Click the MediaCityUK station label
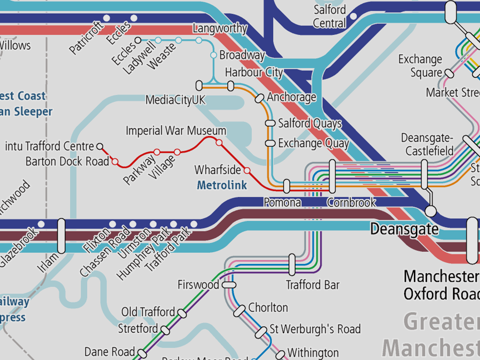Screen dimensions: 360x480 [x=175, y=100]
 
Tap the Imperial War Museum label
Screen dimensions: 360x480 [x=176, y=131]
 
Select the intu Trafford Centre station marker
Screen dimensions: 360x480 [x=99, y=146]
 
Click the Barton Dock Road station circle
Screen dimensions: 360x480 [x=114, y=162]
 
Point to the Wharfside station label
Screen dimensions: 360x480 [x=217, y=170]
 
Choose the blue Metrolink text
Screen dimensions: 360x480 [x=222, y=185]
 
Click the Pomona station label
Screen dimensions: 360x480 [x=282, y=202]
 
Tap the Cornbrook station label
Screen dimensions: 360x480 [x=352, y=202]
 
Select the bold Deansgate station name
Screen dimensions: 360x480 [x=404, y=229]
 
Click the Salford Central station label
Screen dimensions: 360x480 [x=330, y=16]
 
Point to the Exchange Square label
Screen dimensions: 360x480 [x=420, y=66]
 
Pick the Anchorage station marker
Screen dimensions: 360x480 [x=259, y=98]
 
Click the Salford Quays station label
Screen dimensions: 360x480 [x=310, y=124]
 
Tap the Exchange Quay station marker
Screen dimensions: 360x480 [x=270, y=143]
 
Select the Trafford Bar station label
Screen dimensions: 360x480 [x=313, y=285]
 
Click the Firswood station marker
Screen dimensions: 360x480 [x=229, y=285]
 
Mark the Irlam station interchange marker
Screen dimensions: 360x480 [x=61, y=235]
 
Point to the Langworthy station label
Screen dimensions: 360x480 [x=220, y=29]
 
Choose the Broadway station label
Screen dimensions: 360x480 [x=242, y=55]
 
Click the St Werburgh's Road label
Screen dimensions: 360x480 [x=315, y=329]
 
